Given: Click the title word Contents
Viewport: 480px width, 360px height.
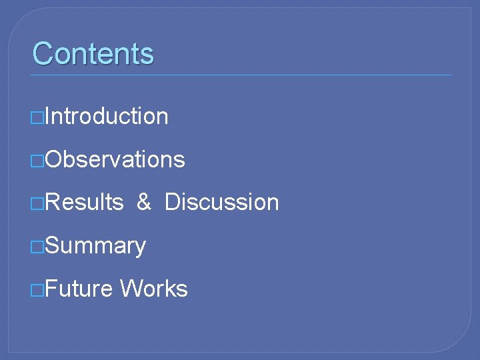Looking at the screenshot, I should click(x=93, y=53).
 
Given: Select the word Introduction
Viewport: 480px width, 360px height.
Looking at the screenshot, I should click(x=107, y=116).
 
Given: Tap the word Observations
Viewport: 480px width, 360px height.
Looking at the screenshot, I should click(x=115, y=159).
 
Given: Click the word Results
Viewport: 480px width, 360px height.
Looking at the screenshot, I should click(x=85, y=202).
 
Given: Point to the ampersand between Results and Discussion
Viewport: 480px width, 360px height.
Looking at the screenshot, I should click(x=144, y=202).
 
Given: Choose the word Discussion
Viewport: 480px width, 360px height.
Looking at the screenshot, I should click(x=221, y=202).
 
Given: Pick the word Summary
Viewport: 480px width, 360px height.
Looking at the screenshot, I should click(x=96, y=246).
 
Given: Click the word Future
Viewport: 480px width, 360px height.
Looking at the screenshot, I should click(x=79, y=289).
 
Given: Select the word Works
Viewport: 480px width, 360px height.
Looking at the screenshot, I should click(x=154, y=289).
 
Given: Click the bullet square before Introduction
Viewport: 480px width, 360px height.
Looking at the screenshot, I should click(x=38, y=117).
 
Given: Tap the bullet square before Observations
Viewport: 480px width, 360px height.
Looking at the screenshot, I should click(x=38, y=161).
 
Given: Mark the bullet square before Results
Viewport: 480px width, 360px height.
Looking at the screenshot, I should click(x=38, y=203).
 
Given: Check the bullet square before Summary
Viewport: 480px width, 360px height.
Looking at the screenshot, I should click(x=38, y=247).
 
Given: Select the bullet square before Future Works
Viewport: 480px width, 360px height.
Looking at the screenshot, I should click(x=38, y=290).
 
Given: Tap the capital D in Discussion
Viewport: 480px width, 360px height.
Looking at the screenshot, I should click(x=172, y=202).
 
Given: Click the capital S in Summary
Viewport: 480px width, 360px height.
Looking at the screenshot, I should click(x=54, y=245).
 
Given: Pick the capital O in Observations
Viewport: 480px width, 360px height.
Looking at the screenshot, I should click(x=55, y=159).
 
